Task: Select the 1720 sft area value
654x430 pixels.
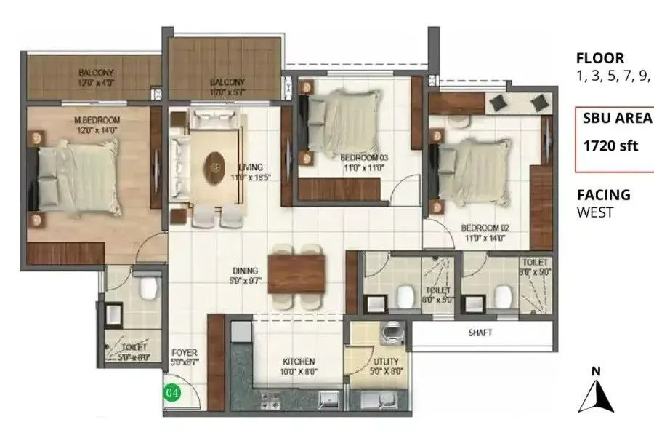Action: pos(610,146)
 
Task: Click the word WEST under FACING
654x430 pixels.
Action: pos(595,212)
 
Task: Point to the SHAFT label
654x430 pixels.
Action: pos(480,333)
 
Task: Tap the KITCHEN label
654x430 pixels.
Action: pos(299,362)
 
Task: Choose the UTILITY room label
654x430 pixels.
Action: pos(385,361)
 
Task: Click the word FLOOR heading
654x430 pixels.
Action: pos(599,58)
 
